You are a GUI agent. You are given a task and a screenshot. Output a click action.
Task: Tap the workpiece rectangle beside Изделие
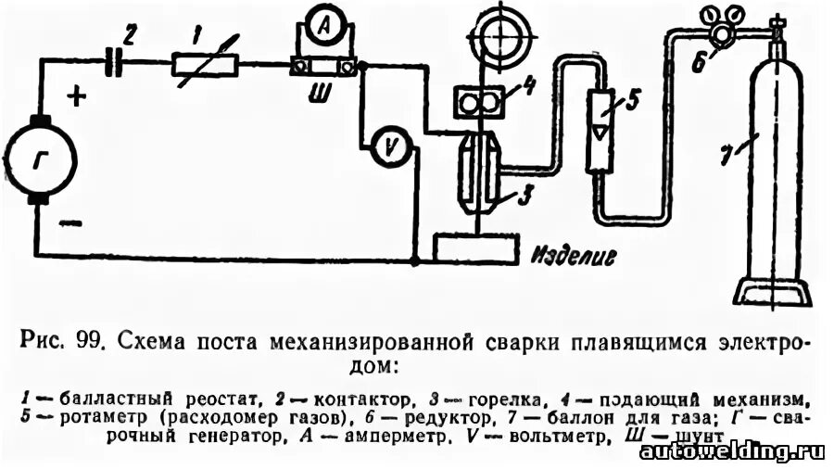[x=476, y=248]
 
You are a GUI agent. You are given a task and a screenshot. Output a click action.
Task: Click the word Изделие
[x=575, y=253]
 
